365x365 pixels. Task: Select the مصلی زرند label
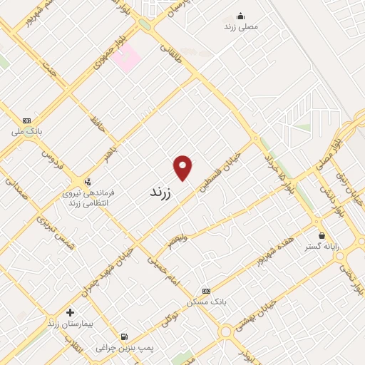tap(241, 26)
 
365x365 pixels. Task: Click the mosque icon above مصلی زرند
tap(241, 15)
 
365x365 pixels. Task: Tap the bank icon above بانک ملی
tap(27, 120)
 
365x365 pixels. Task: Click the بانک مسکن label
tap(207, 302)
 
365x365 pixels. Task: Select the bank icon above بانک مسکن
tap(207, 291)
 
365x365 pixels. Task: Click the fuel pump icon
tap(125, 336)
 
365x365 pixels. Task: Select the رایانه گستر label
tap(322, 246)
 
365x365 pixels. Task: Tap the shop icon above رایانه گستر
tap(322, 235)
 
